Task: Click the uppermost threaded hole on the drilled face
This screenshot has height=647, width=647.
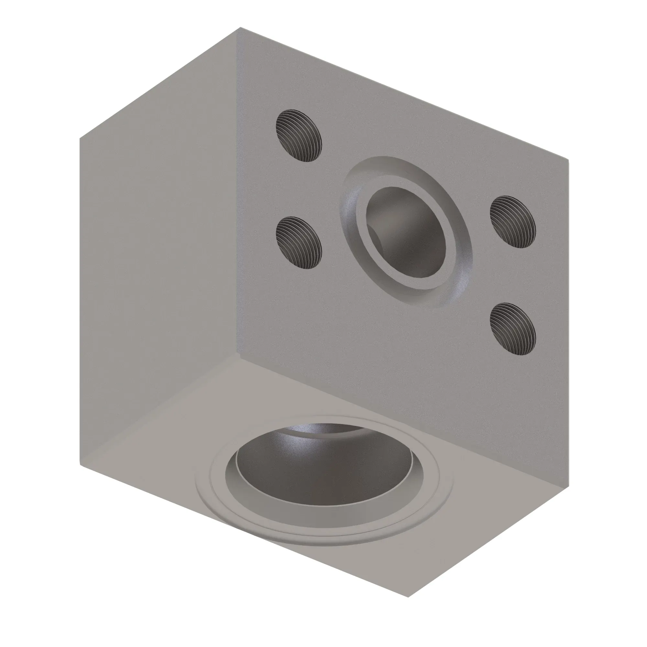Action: point(299,136)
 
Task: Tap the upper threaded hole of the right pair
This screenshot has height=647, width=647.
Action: point(513,222)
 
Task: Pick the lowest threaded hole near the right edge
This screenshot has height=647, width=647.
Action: point(513,329)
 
